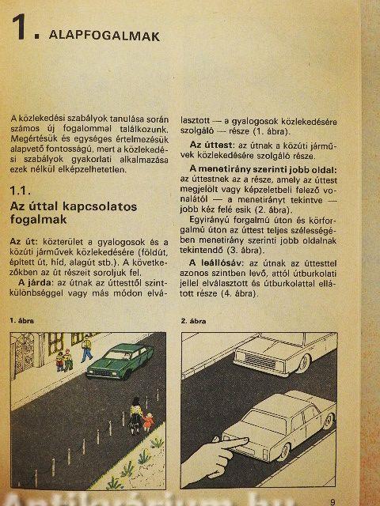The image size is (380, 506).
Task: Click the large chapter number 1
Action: click(19, 28)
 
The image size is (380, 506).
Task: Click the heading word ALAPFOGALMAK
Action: click(104, 36)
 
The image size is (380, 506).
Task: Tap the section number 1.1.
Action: click(20, 191)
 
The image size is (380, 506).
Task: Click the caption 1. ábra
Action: click(21, 321)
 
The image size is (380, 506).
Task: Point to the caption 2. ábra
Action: click(193, 321)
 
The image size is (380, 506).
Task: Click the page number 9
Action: click(332, 502)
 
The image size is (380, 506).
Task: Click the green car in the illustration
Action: click(120, 361)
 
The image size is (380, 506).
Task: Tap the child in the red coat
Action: click(148, 421)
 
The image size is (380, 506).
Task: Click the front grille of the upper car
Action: click(256, 361)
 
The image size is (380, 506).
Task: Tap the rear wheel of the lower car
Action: click(283, 451)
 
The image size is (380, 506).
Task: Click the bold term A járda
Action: click(35, 283)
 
